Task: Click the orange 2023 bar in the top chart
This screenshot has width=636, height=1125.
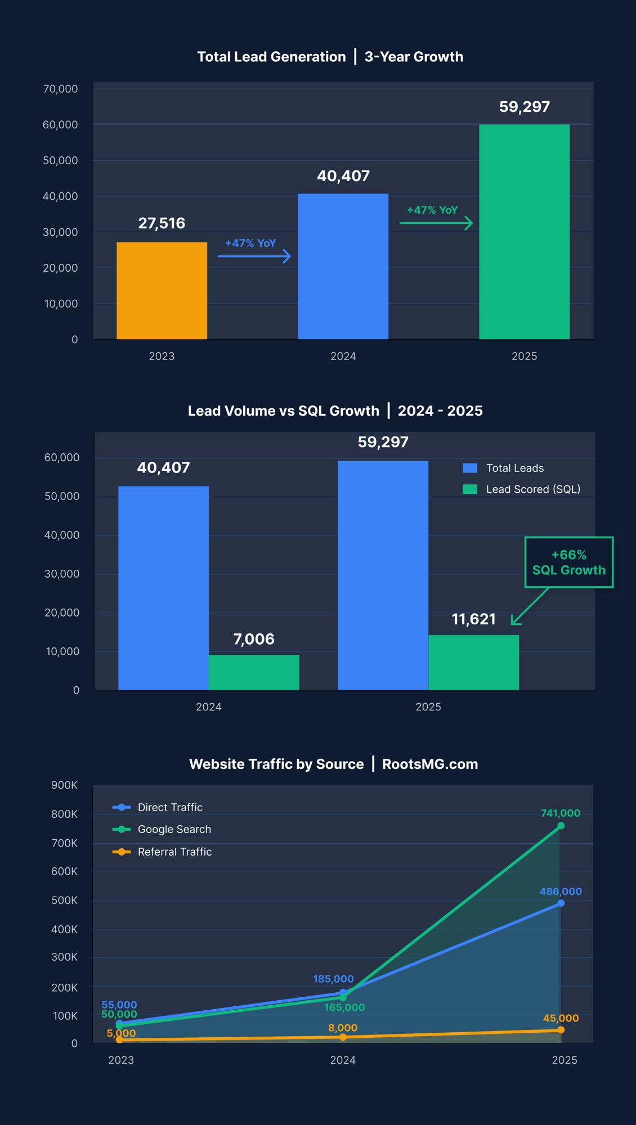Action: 162,290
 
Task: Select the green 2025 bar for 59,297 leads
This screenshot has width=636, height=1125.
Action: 524,231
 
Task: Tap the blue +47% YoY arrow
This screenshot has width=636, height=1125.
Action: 254,256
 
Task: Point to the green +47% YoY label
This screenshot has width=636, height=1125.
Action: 432,210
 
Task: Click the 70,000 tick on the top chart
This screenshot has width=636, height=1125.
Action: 60,89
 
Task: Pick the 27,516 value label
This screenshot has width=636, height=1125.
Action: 162,223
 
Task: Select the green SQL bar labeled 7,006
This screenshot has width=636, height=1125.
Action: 254,672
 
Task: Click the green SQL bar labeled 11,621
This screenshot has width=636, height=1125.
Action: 473,662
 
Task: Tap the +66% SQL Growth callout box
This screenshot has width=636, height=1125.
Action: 568,562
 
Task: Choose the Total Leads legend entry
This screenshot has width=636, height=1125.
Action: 503,468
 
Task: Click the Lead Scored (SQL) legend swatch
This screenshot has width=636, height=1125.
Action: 470,489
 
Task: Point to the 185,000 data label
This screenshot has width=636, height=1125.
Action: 333,979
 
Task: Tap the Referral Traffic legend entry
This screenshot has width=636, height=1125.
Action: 163,852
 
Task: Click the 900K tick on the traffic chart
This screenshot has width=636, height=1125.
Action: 64,785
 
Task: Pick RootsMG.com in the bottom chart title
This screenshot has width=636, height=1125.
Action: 430,764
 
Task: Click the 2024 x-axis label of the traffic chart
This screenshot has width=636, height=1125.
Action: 343,1060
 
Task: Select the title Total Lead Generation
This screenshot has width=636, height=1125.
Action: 271,57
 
